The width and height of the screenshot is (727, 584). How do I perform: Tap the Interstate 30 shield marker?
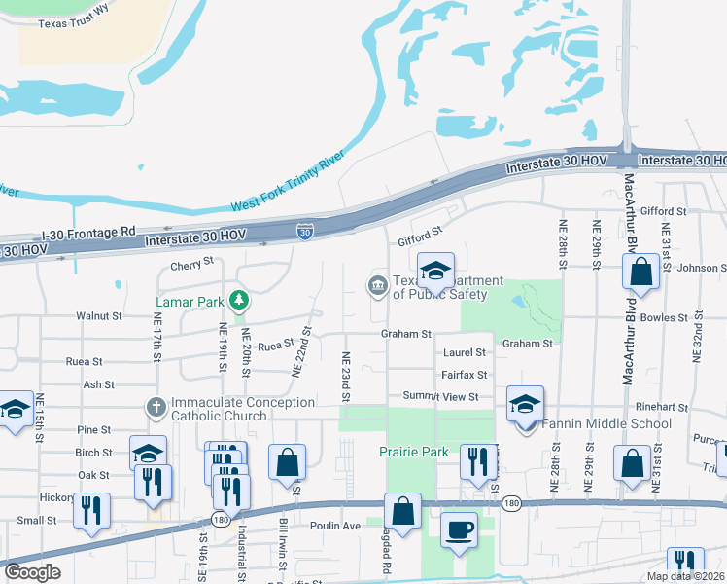click(x=305, y=231)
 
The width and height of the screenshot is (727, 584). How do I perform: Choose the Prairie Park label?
click(x=414, y=452)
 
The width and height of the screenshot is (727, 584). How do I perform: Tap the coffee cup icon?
click(x=459, y=530)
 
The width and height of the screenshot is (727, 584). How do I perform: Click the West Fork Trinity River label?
click(x=288, y=182)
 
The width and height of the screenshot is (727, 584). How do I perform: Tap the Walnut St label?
click(x=99, y=316)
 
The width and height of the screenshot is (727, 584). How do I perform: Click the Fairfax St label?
click(x=464, y=375)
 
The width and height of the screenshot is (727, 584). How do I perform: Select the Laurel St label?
click(x=464, y=353)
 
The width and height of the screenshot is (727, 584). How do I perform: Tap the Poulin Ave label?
click(x=336, y=526)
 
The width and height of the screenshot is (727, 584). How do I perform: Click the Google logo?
click(x=32, y=572)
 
